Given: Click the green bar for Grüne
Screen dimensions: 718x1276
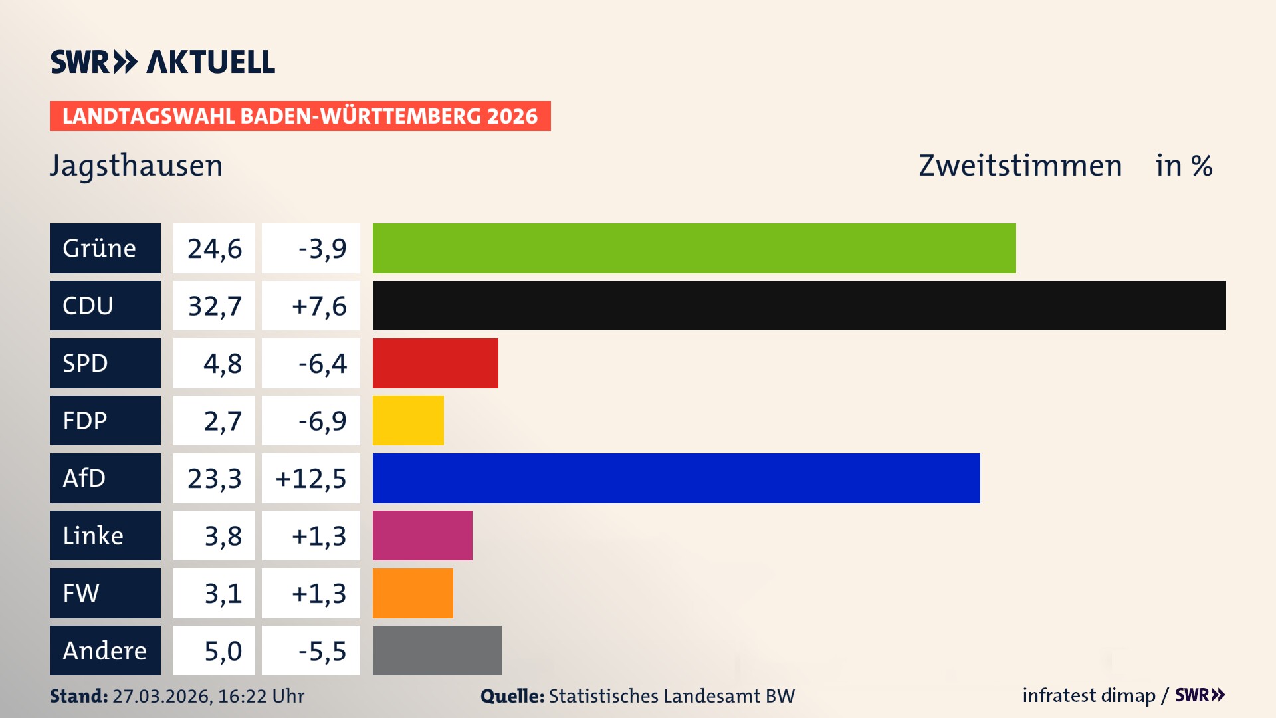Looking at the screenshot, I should point(694,248).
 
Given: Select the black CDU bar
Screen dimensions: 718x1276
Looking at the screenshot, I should point(799,305).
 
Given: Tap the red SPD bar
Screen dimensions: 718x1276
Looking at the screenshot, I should point(435,363).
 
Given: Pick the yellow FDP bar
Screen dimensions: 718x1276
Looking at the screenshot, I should point(408,420).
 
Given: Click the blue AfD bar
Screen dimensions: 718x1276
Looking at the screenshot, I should point(676,478).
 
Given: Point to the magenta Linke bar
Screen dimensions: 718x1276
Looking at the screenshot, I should point(422,535).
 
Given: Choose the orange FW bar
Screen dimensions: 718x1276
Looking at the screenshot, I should point(413,593).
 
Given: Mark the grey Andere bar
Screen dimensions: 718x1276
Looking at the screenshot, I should point(437,650).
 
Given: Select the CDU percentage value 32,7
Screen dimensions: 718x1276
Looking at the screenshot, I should point(214,306).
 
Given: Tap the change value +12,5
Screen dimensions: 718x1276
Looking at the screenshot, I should point(311,479).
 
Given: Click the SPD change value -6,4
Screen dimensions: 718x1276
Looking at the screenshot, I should point(322,364).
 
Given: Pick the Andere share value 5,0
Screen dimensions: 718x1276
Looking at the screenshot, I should point(223,651).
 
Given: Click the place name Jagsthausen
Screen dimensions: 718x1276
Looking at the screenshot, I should point(136,166).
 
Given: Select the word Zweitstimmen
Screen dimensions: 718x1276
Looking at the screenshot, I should point(1020,166).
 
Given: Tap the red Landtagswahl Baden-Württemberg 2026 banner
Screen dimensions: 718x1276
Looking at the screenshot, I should point(300,116).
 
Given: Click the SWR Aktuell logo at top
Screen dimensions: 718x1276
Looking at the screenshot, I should point(163,62).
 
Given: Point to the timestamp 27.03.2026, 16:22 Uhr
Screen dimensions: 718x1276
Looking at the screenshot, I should point(208,696).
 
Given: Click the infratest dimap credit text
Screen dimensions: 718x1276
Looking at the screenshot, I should point(1088,695).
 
